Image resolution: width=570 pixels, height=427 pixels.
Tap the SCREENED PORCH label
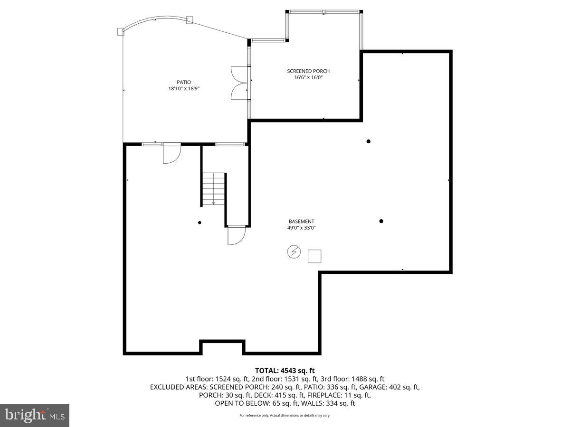(x=308, y=71)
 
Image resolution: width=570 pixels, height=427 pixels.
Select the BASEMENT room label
(x=301, y=221)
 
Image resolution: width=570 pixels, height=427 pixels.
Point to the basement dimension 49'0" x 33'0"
(x=301, y=228)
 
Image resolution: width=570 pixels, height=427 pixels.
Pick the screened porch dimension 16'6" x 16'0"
(x=308, y=78)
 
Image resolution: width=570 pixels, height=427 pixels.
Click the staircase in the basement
(x=213, y=188)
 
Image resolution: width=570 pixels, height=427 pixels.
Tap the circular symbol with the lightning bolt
(x=294, y=252)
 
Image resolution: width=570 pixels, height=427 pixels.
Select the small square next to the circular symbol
(x=314, y=256)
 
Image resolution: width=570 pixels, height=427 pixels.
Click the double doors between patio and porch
(x=239, y=83)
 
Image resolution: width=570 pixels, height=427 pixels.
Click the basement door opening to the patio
(x=171, y=153)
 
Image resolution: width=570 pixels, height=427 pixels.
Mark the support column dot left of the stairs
(x=199, y=223)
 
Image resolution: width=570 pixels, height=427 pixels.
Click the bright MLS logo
(x=35, y=415)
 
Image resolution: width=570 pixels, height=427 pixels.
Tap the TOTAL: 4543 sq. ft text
(x=285, y=371)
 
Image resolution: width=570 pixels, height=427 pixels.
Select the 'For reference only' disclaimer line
(x=285, y=416)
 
